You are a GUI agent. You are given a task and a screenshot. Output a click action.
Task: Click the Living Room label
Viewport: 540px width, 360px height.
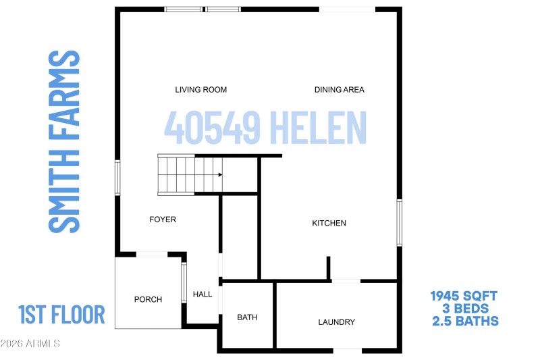200,90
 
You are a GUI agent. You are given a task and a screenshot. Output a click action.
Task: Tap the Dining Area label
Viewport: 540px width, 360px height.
340,90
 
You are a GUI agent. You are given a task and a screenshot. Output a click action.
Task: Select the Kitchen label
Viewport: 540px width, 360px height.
329,224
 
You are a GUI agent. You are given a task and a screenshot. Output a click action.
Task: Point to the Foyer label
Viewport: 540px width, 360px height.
163,220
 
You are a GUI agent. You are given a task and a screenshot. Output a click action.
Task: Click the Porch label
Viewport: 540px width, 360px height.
148,300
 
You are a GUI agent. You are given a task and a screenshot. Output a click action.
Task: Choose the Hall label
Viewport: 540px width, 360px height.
202,294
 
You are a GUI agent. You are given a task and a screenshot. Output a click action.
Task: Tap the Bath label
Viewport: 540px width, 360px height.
247,317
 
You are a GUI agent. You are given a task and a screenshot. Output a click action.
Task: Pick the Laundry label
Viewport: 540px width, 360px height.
336,322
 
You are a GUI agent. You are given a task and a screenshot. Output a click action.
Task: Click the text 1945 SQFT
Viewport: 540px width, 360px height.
464,296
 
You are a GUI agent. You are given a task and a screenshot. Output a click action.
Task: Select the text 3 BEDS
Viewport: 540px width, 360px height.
464,309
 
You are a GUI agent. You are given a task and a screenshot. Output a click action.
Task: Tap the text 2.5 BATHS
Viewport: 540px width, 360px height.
464,322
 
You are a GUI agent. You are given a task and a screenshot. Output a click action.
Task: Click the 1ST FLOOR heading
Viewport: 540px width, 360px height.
61,315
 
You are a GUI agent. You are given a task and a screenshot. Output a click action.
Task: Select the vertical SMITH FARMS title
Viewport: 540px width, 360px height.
65,141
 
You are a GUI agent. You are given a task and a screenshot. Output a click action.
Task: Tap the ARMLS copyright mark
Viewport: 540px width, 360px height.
30,344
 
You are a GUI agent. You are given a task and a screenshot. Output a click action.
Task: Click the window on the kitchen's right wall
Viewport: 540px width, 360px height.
399,222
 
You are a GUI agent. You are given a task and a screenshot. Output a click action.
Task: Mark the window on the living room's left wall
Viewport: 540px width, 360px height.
117,178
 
